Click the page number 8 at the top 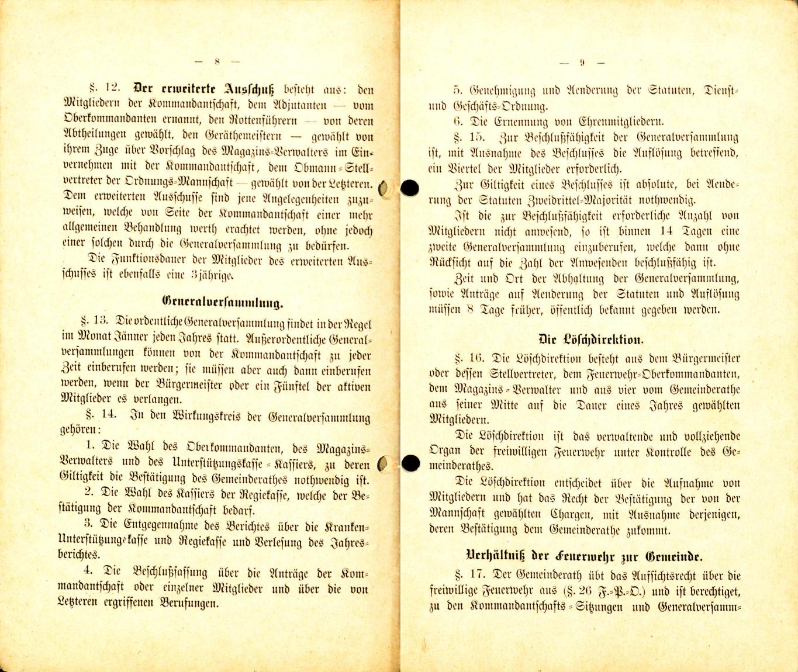point(217,61)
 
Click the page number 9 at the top point(582,63)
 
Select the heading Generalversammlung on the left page point(222,303)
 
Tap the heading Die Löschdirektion point(590,340)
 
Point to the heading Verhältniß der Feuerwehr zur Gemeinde point(585,556)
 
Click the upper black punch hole point(410,188)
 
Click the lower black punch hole point(410,463)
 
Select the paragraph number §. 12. point(105,89)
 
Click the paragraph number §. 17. point(469,575)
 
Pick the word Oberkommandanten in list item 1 point(234,449)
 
